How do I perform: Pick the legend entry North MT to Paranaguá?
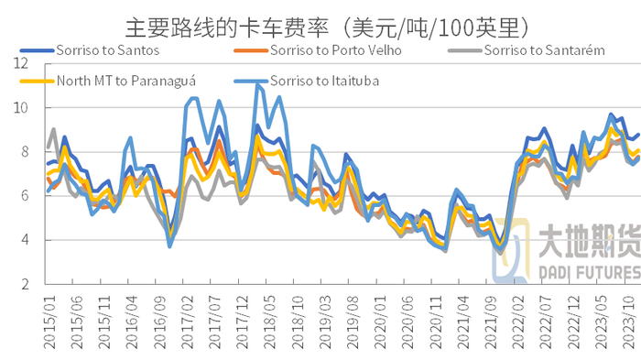(x=129, y=81)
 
